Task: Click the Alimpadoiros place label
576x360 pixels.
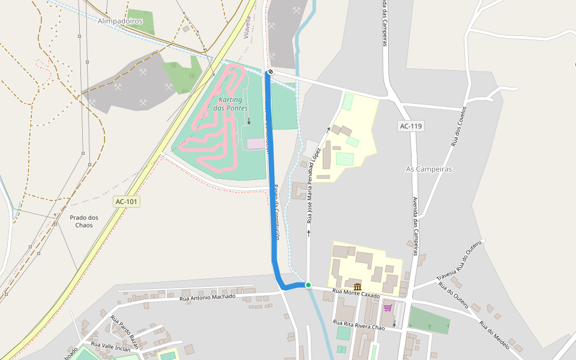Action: point(120,21)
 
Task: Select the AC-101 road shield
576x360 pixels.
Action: point(127,202)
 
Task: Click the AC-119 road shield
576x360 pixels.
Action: point(411,126)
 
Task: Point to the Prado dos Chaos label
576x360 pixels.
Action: point(84,221)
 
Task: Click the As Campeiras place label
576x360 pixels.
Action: point(429,169)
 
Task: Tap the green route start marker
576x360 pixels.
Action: point(308,285)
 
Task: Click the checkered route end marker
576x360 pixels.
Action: point(270,72)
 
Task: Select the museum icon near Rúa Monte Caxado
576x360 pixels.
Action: point(358,287)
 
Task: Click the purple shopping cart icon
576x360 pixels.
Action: point(388,308)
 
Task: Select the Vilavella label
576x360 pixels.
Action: point(247,28)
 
